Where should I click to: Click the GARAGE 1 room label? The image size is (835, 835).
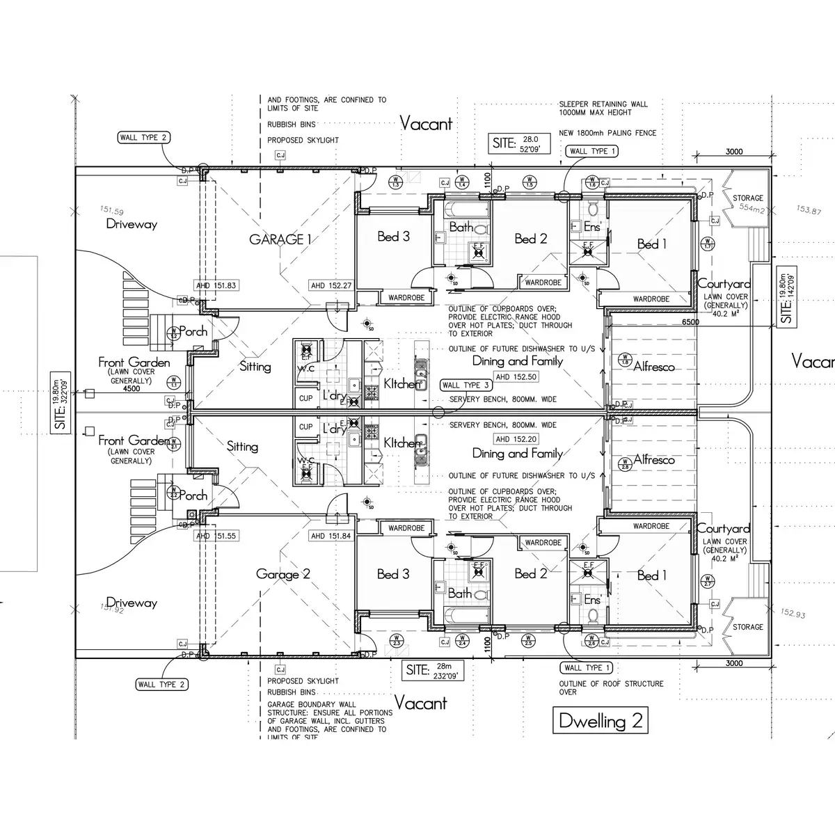280,239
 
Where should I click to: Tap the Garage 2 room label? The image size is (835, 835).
283,574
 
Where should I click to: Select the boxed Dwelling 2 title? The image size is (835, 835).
601,720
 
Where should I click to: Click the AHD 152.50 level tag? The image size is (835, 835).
516,376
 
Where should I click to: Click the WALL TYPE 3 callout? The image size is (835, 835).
467,385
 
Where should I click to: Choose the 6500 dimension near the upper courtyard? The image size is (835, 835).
691,322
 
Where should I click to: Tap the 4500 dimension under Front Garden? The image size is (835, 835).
132,388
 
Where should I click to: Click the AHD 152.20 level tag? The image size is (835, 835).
516,439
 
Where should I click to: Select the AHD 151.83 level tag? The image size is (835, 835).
217,285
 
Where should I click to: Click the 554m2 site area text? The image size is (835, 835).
751,207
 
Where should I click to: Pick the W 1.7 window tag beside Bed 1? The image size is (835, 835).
708,244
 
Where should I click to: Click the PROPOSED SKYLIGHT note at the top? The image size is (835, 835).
303,140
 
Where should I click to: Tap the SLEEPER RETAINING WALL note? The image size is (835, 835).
603,108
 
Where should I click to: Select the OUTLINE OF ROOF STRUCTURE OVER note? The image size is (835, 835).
611,688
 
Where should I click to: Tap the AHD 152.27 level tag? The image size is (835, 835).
331,285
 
